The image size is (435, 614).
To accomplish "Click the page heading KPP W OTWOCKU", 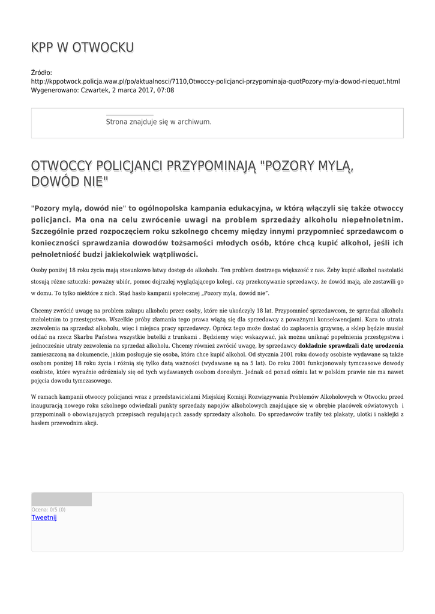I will point(82,47).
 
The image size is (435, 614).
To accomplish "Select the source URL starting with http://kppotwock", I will point(215,82).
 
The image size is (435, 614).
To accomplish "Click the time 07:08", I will point(165,90).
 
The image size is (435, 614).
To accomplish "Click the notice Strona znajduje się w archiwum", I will point(158,122).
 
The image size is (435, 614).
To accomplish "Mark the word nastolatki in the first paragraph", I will point(391,270).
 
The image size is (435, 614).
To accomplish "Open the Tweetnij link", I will point(44,517).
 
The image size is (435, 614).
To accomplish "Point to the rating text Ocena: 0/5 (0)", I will point(49,510).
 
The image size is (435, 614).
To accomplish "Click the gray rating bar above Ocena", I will point(61,499).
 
